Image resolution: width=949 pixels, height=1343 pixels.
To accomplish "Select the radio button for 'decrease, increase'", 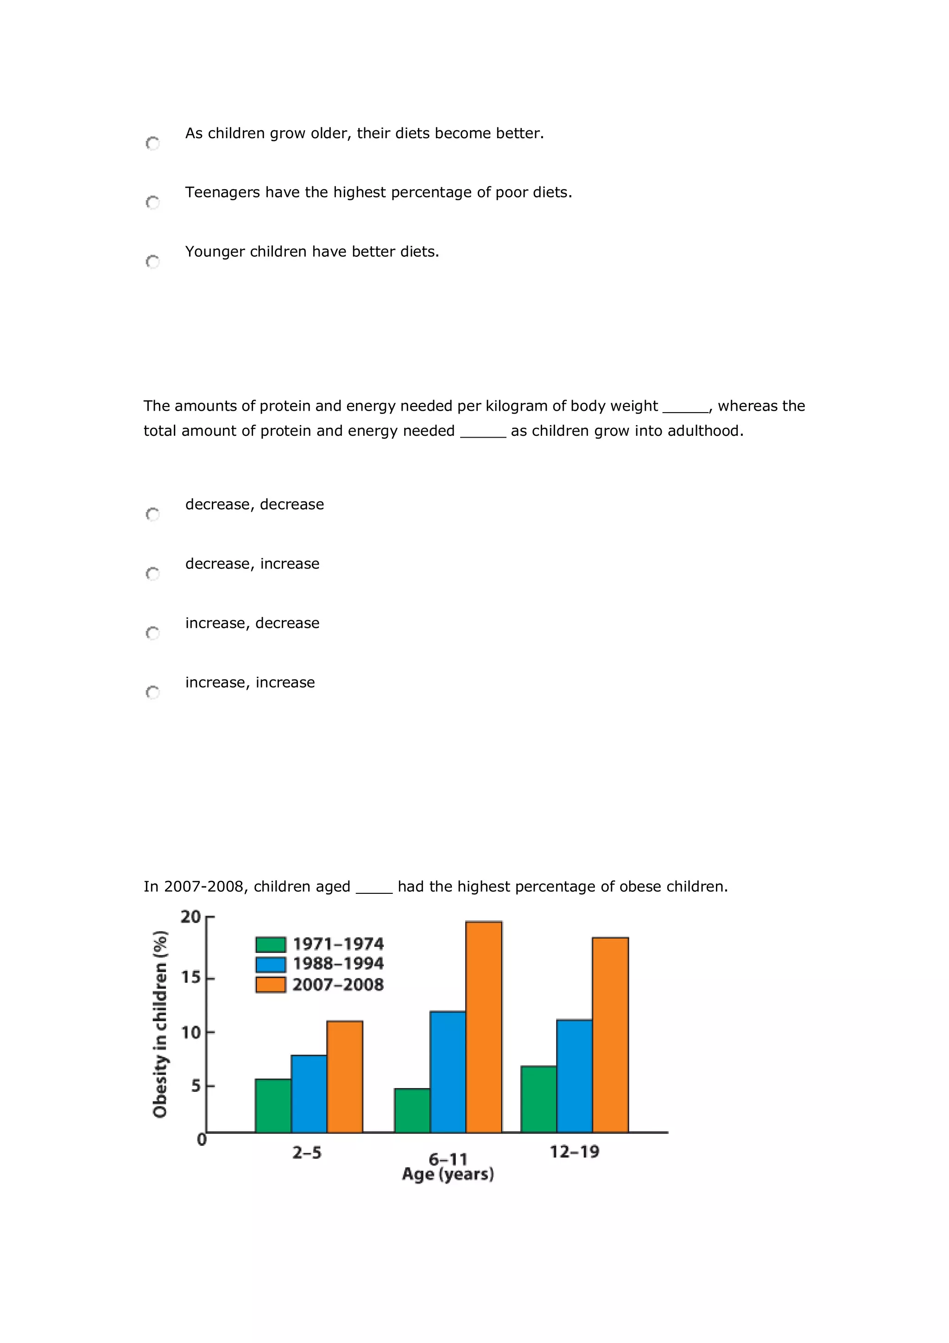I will click(152, 573).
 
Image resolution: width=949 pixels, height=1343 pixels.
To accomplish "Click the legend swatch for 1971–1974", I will click(271, 944).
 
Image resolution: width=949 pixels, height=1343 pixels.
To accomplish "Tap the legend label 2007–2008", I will click(338, 985).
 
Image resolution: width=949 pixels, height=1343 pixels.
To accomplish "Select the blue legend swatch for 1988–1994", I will click(271, 964).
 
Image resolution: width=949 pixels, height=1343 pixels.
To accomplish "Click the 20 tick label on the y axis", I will click(190, 917).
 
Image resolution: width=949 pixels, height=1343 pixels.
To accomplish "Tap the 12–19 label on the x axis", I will click(574, 1152).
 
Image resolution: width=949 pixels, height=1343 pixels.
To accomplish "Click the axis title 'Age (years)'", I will click(448, 1174).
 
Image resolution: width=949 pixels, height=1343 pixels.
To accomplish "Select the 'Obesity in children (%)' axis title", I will click(159, 1024).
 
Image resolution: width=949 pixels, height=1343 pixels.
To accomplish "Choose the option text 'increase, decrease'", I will click(252, 623).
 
